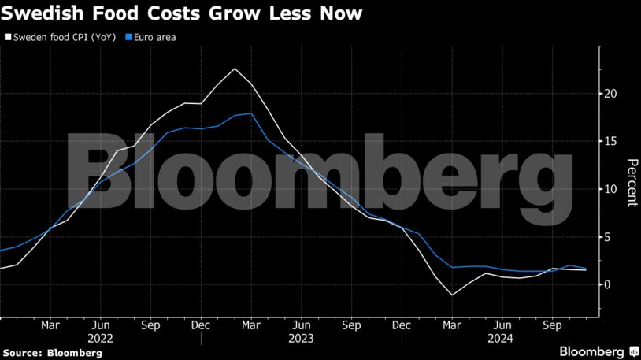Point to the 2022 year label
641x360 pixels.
pyautogui.click(x=100, y=339)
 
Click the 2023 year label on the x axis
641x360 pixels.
pyautogui.click(x=301, y=339)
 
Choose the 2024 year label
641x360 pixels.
pyautogui.click(x=501, y=339)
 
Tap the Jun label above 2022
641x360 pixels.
pyautogui.click(x=100, y=325)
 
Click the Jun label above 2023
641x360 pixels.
pyautogui.click(x=301, y=325)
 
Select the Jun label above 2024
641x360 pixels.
pyautogui.click(x=501, y=325)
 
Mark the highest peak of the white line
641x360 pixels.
pyautogui.click(x=235, y=69)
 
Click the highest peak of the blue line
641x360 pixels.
pyautogui.click(x=251, y=113)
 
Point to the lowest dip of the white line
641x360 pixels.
pyautogui.click(x=452, y=295)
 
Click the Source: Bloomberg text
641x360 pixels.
pyautogui.click(x=52, y=353)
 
